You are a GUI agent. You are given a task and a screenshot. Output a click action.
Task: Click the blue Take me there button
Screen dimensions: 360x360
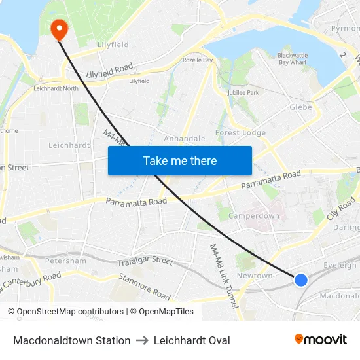pyautogui.click(x=180, y=160)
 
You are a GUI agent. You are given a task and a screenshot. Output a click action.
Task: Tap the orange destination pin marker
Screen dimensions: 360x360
pyautogui.click(x=59, y=28)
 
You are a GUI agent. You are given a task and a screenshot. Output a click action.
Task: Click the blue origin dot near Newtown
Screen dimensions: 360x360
pyautogui.click(x=300, y=279)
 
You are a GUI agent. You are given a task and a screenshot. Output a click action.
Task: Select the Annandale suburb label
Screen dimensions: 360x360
pyautogui.click(x=185, y=139)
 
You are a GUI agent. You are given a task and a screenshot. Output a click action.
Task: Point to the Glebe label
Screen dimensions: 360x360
pyautogui.click(x=300, y=107)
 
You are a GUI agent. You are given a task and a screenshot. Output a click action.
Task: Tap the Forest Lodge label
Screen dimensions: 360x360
pyautogui.click(x=240, y=132)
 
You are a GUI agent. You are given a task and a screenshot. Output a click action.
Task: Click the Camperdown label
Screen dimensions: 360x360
pyautogui.click(x=255, y=215)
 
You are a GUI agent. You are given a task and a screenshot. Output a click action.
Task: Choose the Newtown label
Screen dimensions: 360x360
pyautogui.click(x=254, y=276)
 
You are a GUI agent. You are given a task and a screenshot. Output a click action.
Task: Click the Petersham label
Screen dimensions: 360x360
pyautogui.click(x=65, y=261)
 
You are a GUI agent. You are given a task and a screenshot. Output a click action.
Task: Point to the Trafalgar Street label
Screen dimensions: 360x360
pyautogui.click(x=145, y=261)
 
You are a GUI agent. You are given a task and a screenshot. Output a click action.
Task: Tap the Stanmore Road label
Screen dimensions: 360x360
pyautogui.click(x=145, y=287)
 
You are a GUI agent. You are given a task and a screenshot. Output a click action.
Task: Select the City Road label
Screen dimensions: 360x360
pyautogui.click(x=341, y=210)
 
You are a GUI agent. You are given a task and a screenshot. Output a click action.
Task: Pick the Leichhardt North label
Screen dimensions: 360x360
pyautogui.click(x=56, y=88)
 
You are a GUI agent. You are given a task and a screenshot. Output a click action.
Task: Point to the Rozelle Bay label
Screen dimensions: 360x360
pyautogui.click(x=198, y=60)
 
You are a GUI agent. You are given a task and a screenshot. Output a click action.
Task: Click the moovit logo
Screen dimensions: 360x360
pyautogui.click(x=320, y=339)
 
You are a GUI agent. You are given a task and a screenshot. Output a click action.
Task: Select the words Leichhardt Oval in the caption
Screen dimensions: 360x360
pyautogui.click(x=192, y=340)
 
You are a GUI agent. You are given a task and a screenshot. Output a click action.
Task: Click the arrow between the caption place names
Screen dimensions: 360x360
pyautogui.click(x=142, y=340)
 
